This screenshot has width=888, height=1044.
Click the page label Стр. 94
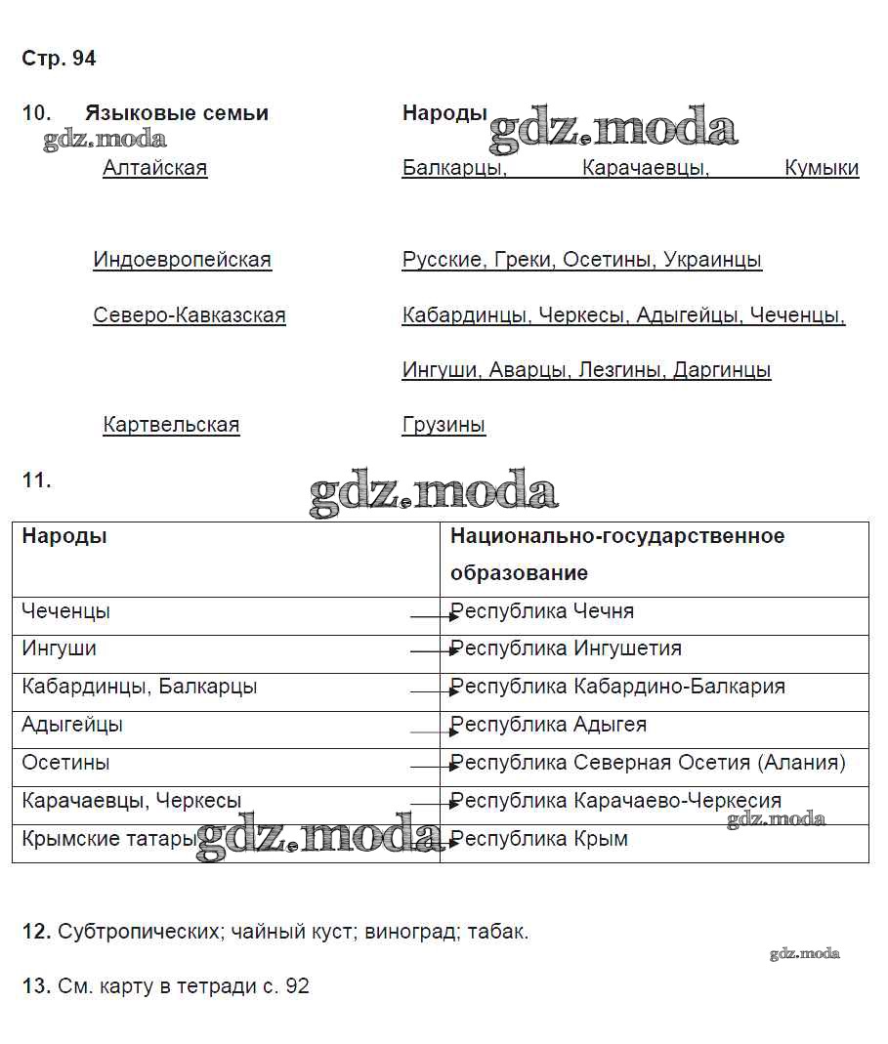(59, 59)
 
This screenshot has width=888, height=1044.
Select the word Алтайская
(154, 168)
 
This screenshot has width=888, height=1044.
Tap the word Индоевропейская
(182, 260)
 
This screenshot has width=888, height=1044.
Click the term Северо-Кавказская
(190, 315)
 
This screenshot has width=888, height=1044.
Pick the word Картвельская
(171, 425)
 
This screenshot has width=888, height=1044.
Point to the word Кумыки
(822, 168)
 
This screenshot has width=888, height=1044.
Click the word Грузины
(444, 425)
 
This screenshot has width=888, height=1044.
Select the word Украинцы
(712, 260)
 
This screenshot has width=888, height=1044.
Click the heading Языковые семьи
(176, 113)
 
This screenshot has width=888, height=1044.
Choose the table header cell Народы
(64, 536)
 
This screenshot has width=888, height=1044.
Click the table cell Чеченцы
(65, 611)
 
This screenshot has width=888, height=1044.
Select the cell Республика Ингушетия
(567, 648)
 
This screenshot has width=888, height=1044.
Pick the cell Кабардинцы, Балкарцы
(139, 687)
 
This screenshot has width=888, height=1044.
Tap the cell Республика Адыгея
(549, 725)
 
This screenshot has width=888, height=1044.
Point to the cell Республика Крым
(539, 839)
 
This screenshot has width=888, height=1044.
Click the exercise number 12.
(36, 932)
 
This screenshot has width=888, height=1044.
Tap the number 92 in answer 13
(297, 986)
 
